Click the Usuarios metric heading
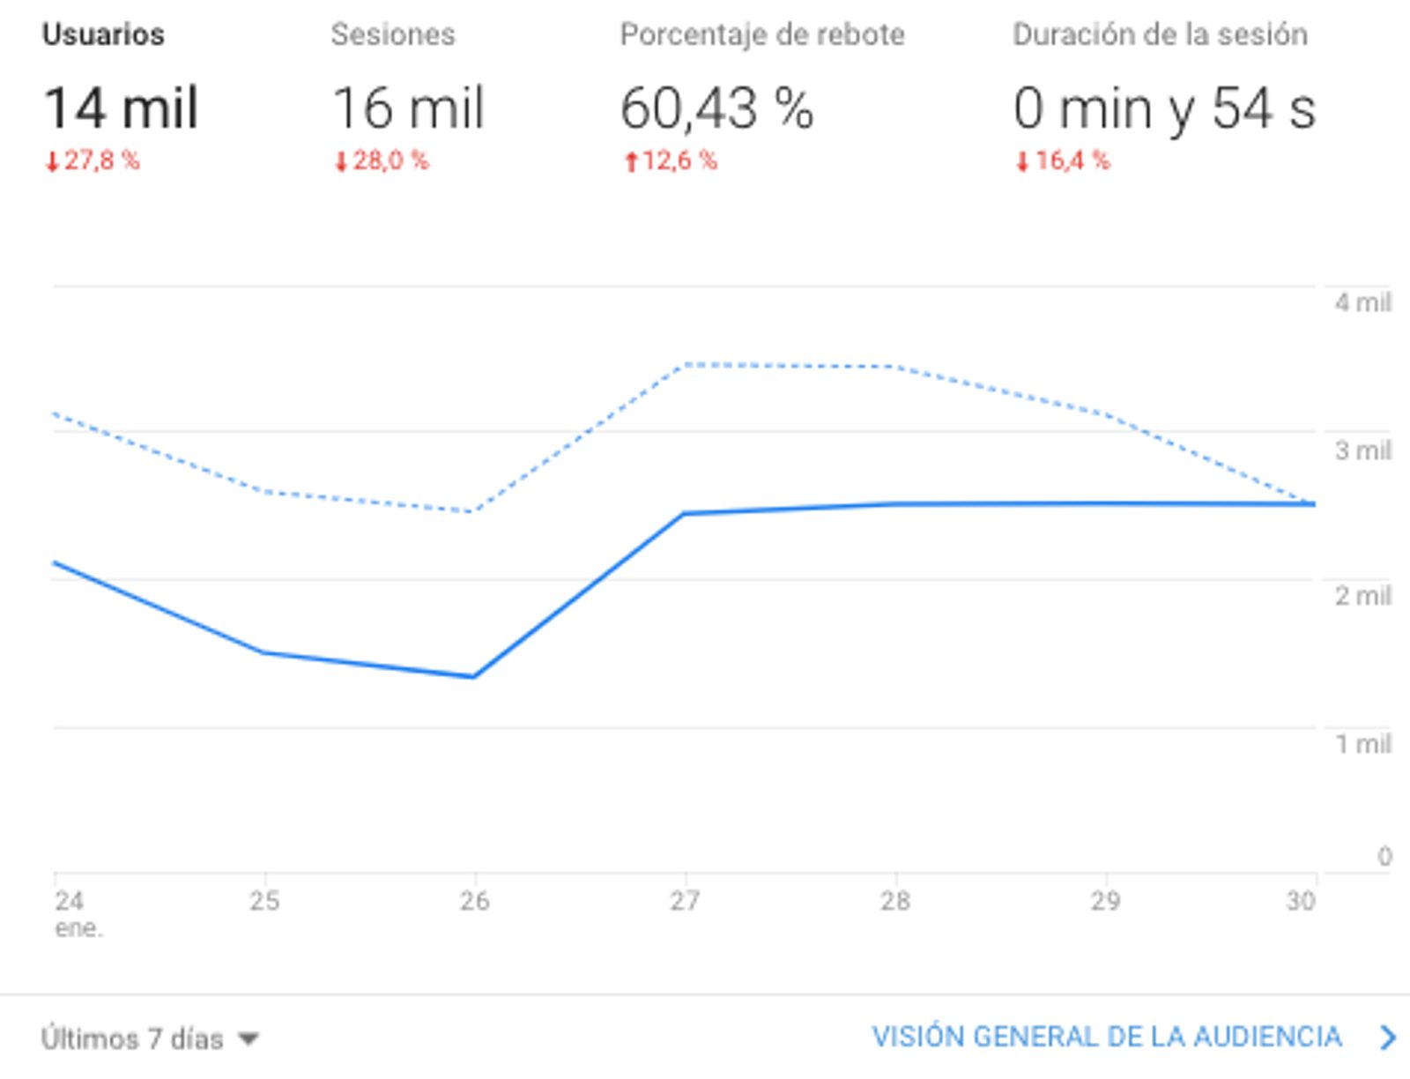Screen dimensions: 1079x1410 pos(103,34)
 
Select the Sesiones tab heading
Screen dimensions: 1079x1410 pos(393,34)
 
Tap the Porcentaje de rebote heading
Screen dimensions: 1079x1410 pos(762,34)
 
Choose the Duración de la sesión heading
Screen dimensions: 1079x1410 pos(1160,34)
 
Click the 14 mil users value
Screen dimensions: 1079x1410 pos(122,108)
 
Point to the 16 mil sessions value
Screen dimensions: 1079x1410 pos(409,108)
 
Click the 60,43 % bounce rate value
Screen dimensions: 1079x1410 pos(716,108)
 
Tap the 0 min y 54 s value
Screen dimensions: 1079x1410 pos(1164,108)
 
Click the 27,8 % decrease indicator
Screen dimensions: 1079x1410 pos(93,160)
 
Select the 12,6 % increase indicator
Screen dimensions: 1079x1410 pos(671,160)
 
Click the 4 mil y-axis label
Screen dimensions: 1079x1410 pos(1362,302)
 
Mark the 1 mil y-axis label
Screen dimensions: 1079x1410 pos(1362,744)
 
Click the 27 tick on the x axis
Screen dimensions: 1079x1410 pos(685,900)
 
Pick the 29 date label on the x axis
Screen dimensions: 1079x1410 pos(1105,900)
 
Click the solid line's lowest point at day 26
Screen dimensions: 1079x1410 pos(474,677)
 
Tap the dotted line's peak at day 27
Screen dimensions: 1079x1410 pos(686,364)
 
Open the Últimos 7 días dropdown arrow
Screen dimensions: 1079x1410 pos(249,1039)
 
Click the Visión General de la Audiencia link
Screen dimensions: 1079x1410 pos(1107,1037)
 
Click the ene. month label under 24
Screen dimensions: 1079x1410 pos(78,928)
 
